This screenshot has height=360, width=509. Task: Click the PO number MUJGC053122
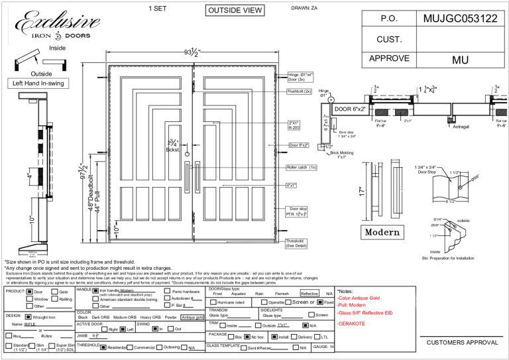pyautogui.click(x=459, y=19)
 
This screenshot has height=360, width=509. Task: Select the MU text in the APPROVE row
pyautogui.click(x=460, y=60)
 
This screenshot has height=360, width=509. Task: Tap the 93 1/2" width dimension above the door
pyautogui.click(x=192, y=52)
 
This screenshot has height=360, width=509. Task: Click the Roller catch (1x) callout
pyautogui.click(x=302, y=168)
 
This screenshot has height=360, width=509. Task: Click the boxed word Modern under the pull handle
pyautogui.click(x=382, y=232)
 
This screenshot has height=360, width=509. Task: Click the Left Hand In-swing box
pyautogui.click(x=34, y=84)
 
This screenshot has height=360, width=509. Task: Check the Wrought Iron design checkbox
pyautogui.click(x=28, y=317)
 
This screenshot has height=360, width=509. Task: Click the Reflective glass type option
pyautogui.click(x=310, y=292)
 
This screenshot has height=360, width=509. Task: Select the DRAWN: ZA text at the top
pyautogui.click(x=304, y=9)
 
